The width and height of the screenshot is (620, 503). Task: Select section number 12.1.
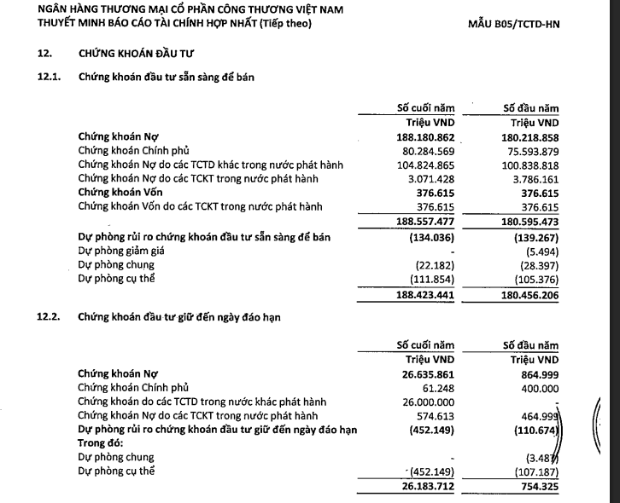tap(50, 77)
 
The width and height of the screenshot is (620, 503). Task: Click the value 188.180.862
tap(420, 136)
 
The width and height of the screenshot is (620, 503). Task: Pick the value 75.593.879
tap(529, 150)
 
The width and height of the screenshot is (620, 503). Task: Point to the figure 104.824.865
tap(420, 165)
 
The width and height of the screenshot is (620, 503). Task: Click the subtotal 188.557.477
tap(420, 222)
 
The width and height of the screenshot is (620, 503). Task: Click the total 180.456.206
tap(529, 295)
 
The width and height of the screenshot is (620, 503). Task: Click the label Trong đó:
tap(101, 443)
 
